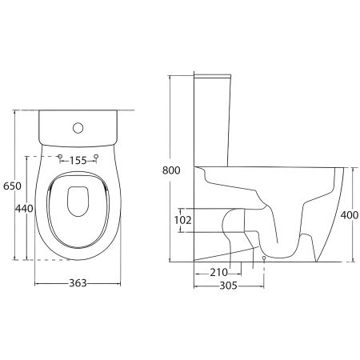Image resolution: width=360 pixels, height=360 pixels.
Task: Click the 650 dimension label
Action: point(12,186)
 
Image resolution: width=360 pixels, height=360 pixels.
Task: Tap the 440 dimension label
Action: point(24,208)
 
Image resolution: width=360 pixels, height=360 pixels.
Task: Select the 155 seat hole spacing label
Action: point(78,161)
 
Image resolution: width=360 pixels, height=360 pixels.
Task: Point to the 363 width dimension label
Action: point(78,283)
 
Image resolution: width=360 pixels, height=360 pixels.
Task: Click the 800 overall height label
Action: point(171,170)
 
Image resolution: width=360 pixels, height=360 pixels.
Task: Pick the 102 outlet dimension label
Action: point(182,220)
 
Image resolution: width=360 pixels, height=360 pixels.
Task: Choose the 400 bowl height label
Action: point(350,215)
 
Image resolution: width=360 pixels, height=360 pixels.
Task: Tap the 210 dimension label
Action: point(219,273)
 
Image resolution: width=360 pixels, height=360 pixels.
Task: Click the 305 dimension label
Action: point(229,286)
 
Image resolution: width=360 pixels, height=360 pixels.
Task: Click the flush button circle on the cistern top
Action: point(78,128)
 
